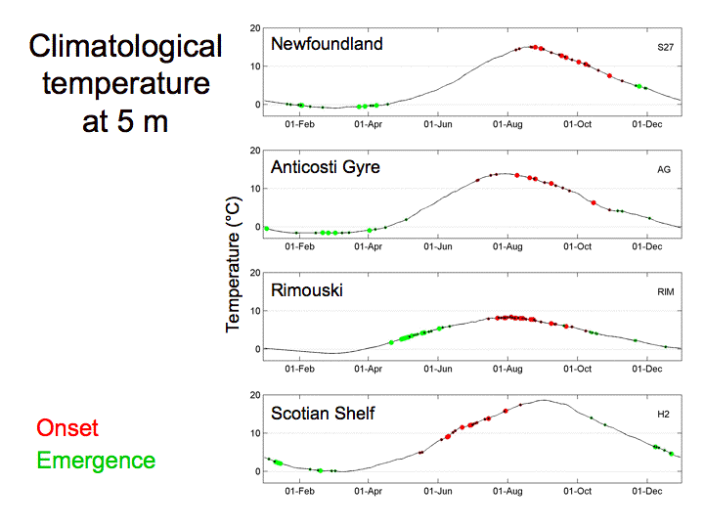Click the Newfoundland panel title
tap(327, 44)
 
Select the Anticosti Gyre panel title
tap(326, 167)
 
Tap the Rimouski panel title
tap(307, 290)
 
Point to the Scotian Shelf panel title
tap(323, 413)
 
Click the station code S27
tap(666, 47)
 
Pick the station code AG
tap(664, 170)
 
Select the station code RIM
tap(666, 291)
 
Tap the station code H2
tap(664, 415)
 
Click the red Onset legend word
tap(67, 428)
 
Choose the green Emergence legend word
tap(96, 462)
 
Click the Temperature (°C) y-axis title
tap(233, 264)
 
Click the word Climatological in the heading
tap(126, 47)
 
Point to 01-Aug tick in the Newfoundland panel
tap(507, 124)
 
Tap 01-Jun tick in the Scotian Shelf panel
tap(438, 491)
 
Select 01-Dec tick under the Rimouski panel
tap(647, 369)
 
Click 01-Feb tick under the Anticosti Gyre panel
tap(300, 246)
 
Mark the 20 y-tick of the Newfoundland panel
tap(255, 28)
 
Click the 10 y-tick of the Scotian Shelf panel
tap(255, 433)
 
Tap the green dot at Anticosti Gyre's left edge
tap(267, 229)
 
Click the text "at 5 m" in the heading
tap(125, 121)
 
